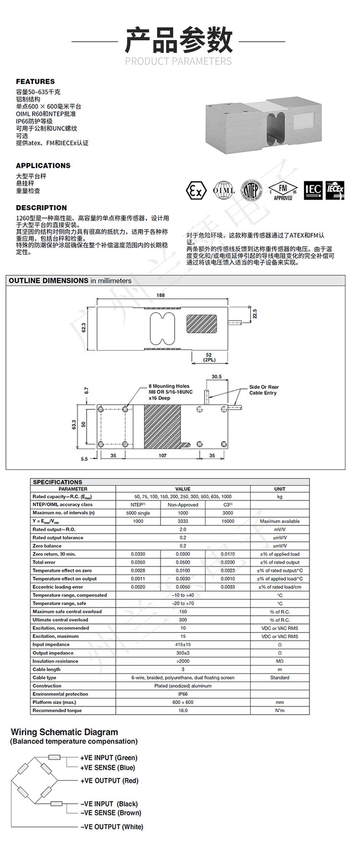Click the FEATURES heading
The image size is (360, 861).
(x=35, y=82)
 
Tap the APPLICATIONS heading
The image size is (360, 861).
(x=43, y=166)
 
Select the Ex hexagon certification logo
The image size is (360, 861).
(x=196, y=191)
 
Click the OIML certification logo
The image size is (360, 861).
(x=224, y=191)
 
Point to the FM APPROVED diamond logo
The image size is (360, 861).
(x=283, y=191)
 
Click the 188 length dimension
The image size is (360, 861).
(x=160, y=295)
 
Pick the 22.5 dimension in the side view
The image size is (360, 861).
(x=255, y=314)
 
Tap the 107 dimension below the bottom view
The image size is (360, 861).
(x=163, y=456)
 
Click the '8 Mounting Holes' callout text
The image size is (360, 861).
(x=169, y=386)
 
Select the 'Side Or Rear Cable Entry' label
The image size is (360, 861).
(x=264, y=390)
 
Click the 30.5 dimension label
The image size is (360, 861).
(x=216, y=376)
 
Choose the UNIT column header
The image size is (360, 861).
(x=279, y=489)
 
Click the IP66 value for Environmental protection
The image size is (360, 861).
(x=183, y=694)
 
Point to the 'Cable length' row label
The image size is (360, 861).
(x=47, y=669)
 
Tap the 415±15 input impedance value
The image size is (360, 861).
(x=183, y=644)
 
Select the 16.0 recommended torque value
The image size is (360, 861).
(x=183, y=710)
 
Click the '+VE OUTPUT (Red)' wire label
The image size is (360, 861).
(x=109, y=781)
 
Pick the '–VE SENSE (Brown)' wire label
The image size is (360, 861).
(x=111, y=813)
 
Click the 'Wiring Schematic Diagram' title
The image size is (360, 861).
(x=64, y=732)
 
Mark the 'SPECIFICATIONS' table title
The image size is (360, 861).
(x=58, y=482)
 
